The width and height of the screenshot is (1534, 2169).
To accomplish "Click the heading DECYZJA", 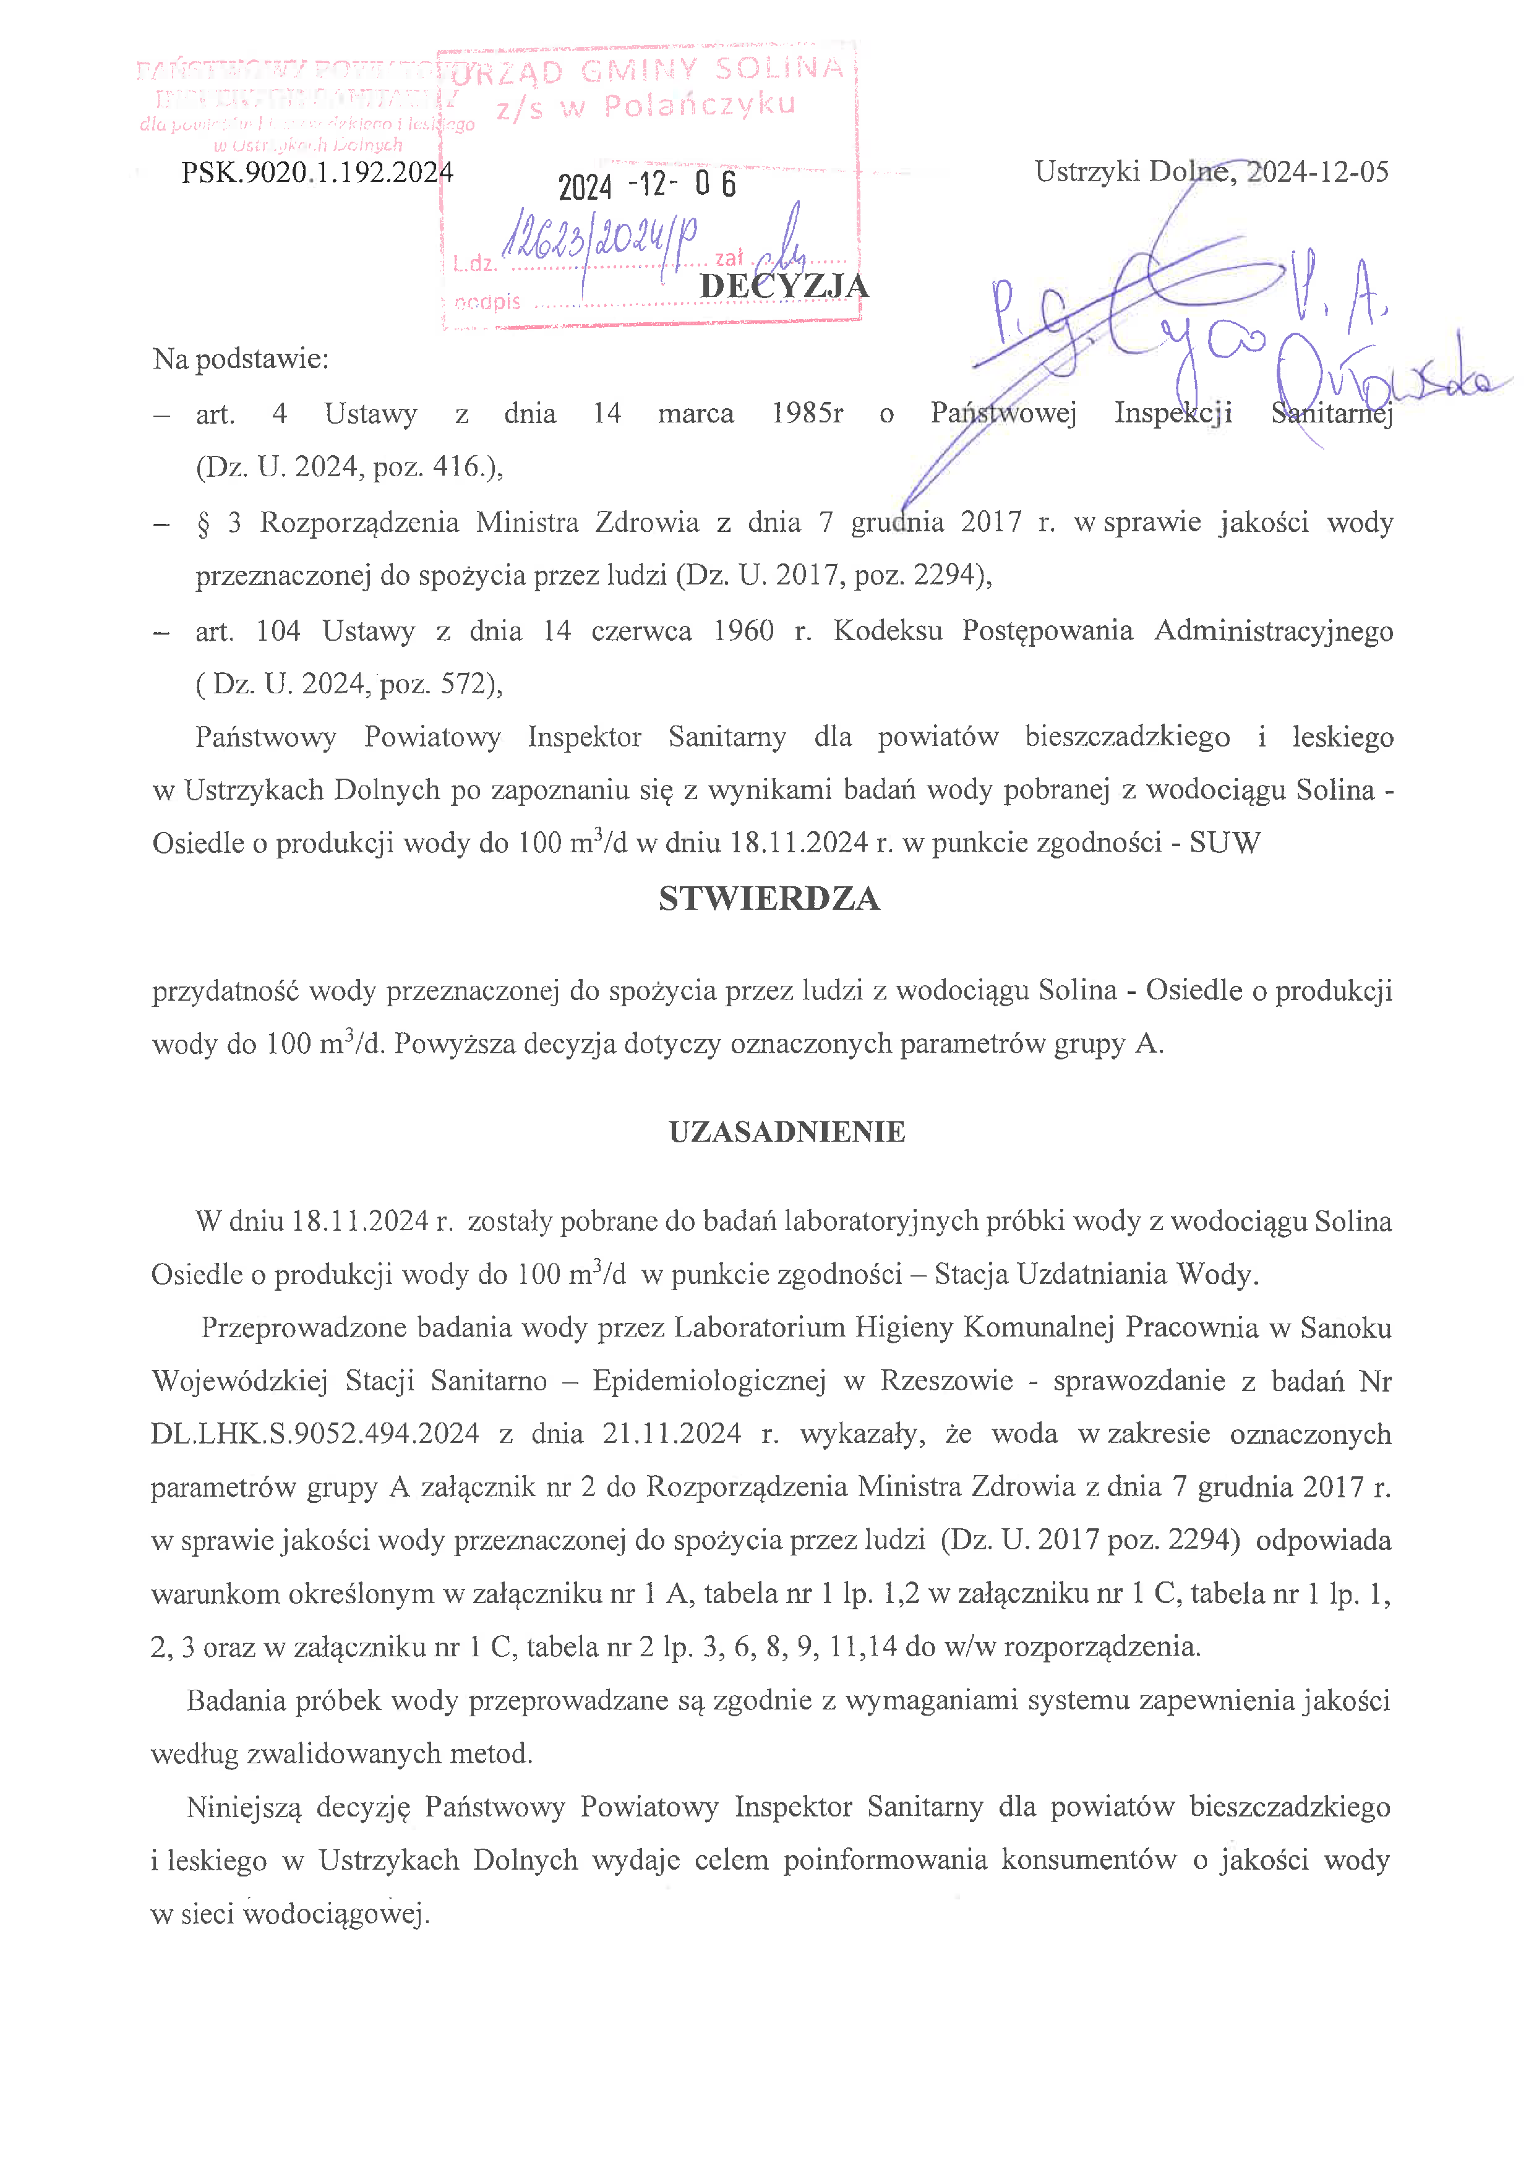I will tap(783, 285).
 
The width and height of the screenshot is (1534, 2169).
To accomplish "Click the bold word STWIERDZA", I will tap(769, 899).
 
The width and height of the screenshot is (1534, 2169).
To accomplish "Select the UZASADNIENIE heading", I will tap(787, 1132).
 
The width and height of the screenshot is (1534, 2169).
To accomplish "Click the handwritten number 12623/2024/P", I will tap(600, 236).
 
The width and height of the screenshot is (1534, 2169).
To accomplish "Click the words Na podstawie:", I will tap(241, 359).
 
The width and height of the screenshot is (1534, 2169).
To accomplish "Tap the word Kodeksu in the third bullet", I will tap(887, 630).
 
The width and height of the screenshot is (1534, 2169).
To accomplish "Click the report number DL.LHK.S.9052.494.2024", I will tap(315, 1434).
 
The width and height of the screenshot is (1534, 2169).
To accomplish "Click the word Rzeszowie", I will tap(946, 1381).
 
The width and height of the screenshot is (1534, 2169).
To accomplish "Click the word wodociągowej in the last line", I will tap(337, 1914).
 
